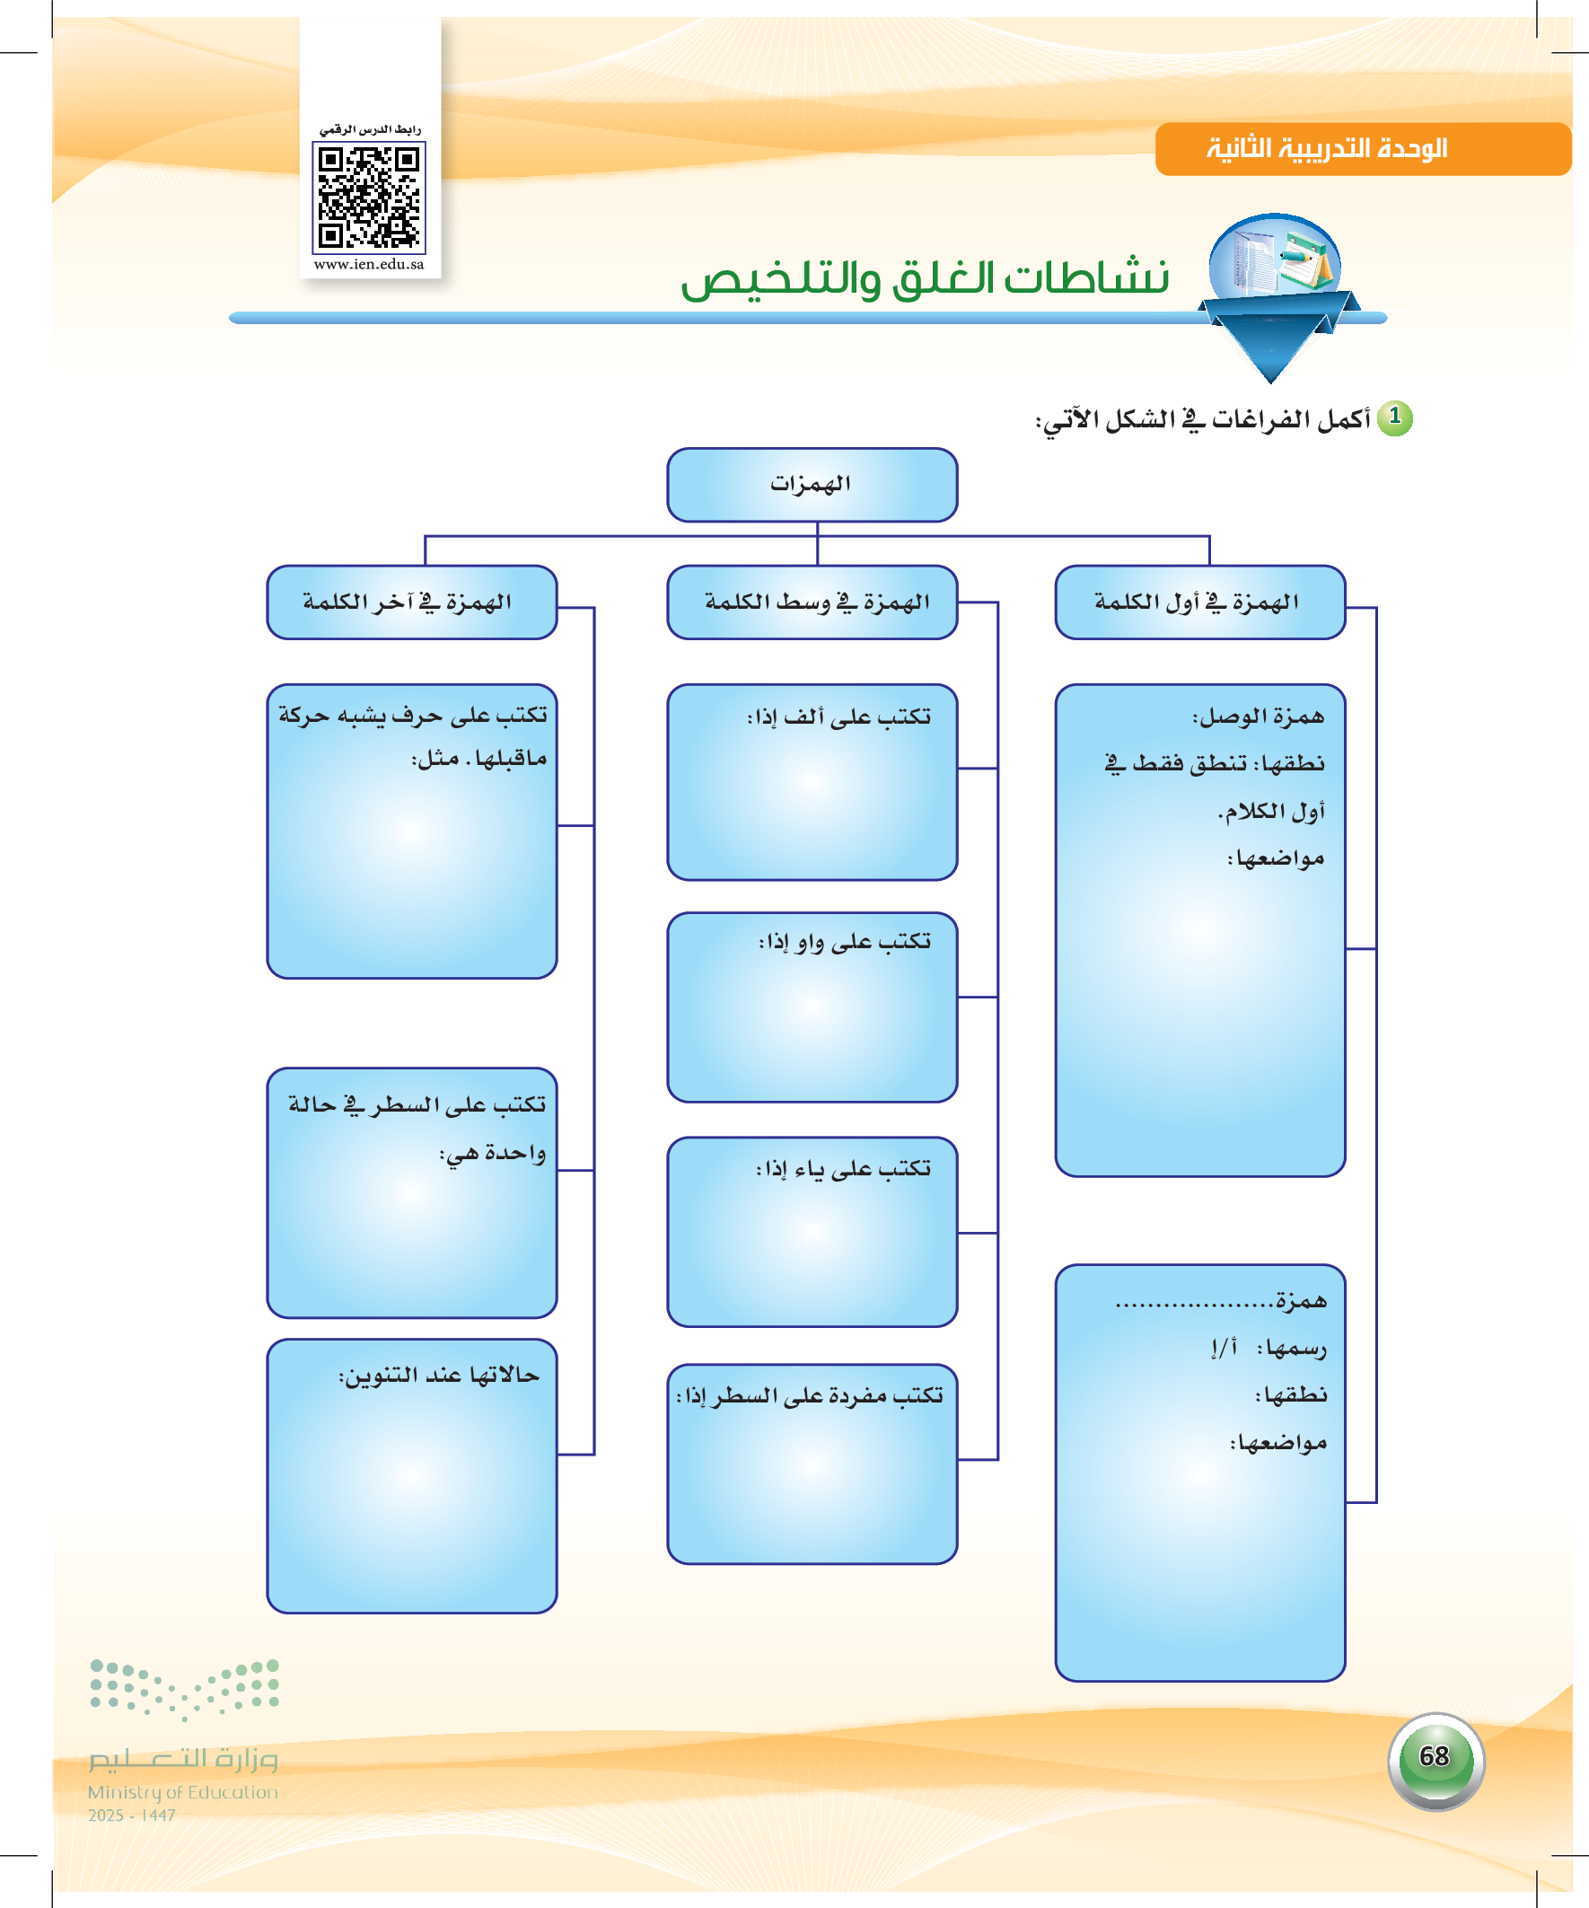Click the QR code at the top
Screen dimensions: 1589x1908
click(x=369, y=198)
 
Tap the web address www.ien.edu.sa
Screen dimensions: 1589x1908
click(x=369, y=264)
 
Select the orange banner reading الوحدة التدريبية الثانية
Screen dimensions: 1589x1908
click(x=1363, y=149)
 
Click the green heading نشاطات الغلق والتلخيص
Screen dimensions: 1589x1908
click(x=925, y=278)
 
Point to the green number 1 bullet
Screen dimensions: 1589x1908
click(x=1394, y=418)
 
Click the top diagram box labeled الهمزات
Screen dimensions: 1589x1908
click(x=812, y=485)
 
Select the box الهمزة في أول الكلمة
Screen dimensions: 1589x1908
click(x=1200, y=602)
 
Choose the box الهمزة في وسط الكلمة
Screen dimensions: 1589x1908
click(x=812, y=602)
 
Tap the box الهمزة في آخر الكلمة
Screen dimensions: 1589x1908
click(x=411, y=602)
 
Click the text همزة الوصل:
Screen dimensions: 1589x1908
click(x=1259, y=717)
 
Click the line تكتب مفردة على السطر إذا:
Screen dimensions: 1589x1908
click(x=810, y=1395)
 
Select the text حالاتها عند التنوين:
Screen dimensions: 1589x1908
click(x=439, y=1376)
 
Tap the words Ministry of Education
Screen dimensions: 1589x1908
click(x=182, y=1792)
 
